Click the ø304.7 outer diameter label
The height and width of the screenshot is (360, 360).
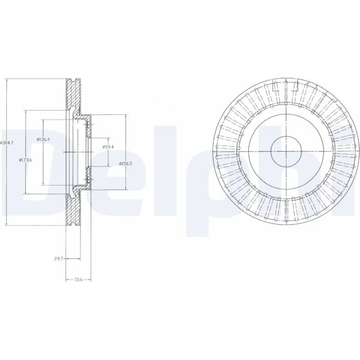pos(7,143)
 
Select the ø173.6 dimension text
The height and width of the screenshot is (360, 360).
pos(26,160)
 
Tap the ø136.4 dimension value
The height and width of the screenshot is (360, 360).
pos(44,139)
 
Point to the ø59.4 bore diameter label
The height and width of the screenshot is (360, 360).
pos(108,147)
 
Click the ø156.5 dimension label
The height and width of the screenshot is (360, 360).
pos(126,163)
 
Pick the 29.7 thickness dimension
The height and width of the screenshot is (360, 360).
pos(58,259)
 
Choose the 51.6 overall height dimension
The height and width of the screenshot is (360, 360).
pos(78,279)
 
